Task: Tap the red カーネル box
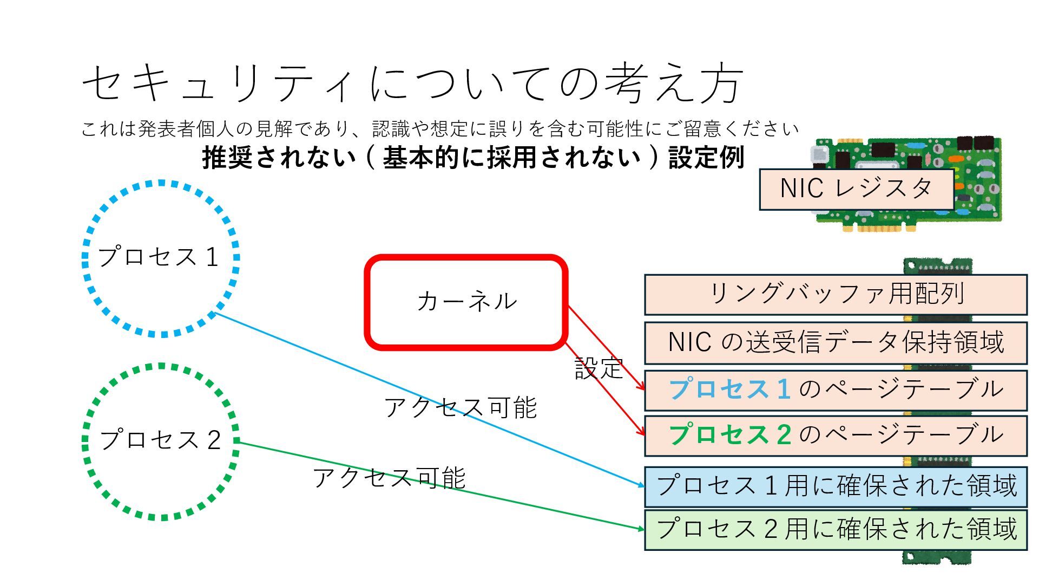tap(466, 302)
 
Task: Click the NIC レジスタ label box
tap(856, 189)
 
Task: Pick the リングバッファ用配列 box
tap(836, 295)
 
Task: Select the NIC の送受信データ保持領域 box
tap(836, 343)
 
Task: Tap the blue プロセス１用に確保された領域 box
tap(836, 486)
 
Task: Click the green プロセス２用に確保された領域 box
tap(836, 529)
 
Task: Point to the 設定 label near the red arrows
tap(598, 368)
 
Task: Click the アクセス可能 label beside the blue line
tap(460, 407)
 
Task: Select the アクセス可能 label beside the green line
tap(389, 478)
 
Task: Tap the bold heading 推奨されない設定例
tap(473, 158)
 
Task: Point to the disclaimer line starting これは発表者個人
tap(439, 129)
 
